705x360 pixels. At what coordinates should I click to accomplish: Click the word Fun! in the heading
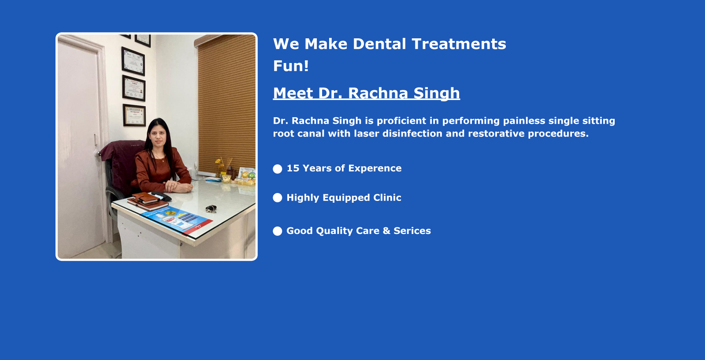(x=291, y=66)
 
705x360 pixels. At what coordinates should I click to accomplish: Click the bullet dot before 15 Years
(x=277, y=169)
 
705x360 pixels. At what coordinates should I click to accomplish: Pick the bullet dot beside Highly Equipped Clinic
(x=277, y=198)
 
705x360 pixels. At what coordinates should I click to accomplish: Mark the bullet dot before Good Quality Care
(x=277, y=231)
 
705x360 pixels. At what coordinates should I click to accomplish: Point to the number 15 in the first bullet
(x=293, y=168)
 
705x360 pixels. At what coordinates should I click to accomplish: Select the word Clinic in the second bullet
(x=387, y=197)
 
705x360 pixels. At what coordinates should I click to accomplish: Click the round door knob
(x=99, y=152)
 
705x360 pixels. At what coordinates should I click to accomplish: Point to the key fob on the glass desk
(x=211, y=208)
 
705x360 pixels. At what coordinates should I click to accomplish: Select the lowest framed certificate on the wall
(x=134, y=115)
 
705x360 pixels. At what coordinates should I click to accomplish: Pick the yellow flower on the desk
(x=218, y=161)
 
